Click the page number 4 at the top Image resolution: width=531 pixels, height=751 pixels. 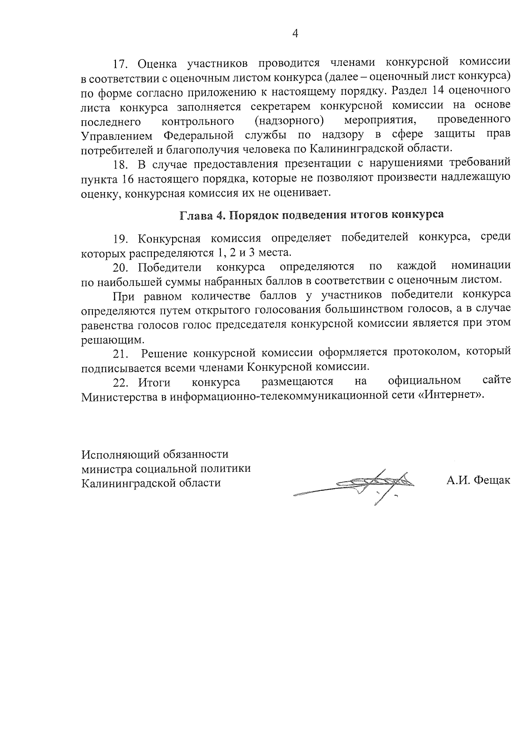[295, 34]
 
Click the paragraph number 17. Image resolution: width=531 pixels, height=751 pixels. [121, 64]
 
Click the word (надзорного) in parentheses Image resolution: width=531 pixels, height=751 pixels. [288, 120]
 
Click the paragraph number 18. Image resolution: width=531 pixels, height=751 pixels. [121, 164]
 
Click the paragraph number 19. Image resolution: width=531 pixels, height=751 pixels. [121, 239]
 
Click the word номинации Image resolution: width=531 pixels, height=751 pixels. [481, 266]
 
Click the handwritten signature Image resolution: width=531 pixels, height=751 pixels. [367, 485]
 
